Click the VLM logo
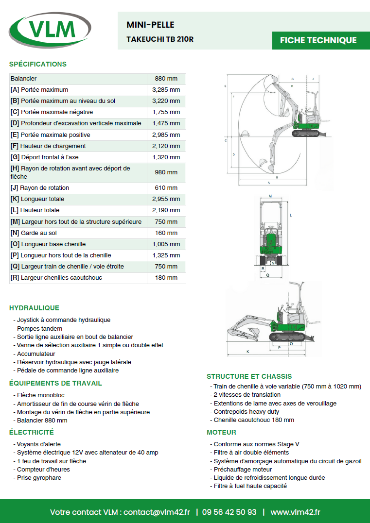pyautogui.click(x=50, y=31)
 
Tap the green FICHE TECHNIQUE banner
pyautogui.click(x=318, y=40)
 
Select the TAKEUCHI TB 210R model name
pyautogui.click(x=160, y=39)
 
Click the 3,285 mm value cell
pyautogui.click(x=166, y=90)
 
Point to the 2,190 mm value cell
pyautogui.click(x=166, y=210)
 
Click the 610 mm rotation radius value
pyautogui.click(x=166, y=188)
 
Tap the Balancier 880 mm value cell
pyautogui.click(x=166, y=79)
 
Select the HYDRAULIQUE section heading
pyautogui.click(x=34, y=308)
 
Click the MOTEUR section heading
pyautogui.click(x=221, y=432)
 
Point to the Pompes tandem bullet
pyautogui.click(x=39, y=329)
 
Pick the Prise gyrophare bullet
pyautogui.click(x=39, y=478)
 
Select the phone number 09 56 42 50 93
pyautogui.click(x=229, y=512)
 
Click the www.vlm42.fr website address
pyautogui.click(x=296, y=512)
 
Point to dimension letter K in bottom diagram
pyautogui.click(x=248, y=351)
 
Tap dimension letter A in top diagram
pyautogui.click(x=269, y=183)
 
